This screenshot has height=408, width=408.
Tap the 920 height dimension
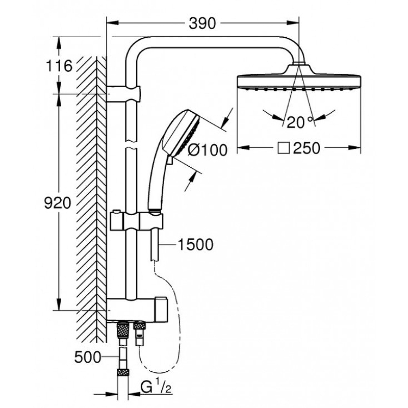(56, 203)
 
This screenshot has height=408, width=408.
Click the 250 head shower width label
(306, 148)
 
